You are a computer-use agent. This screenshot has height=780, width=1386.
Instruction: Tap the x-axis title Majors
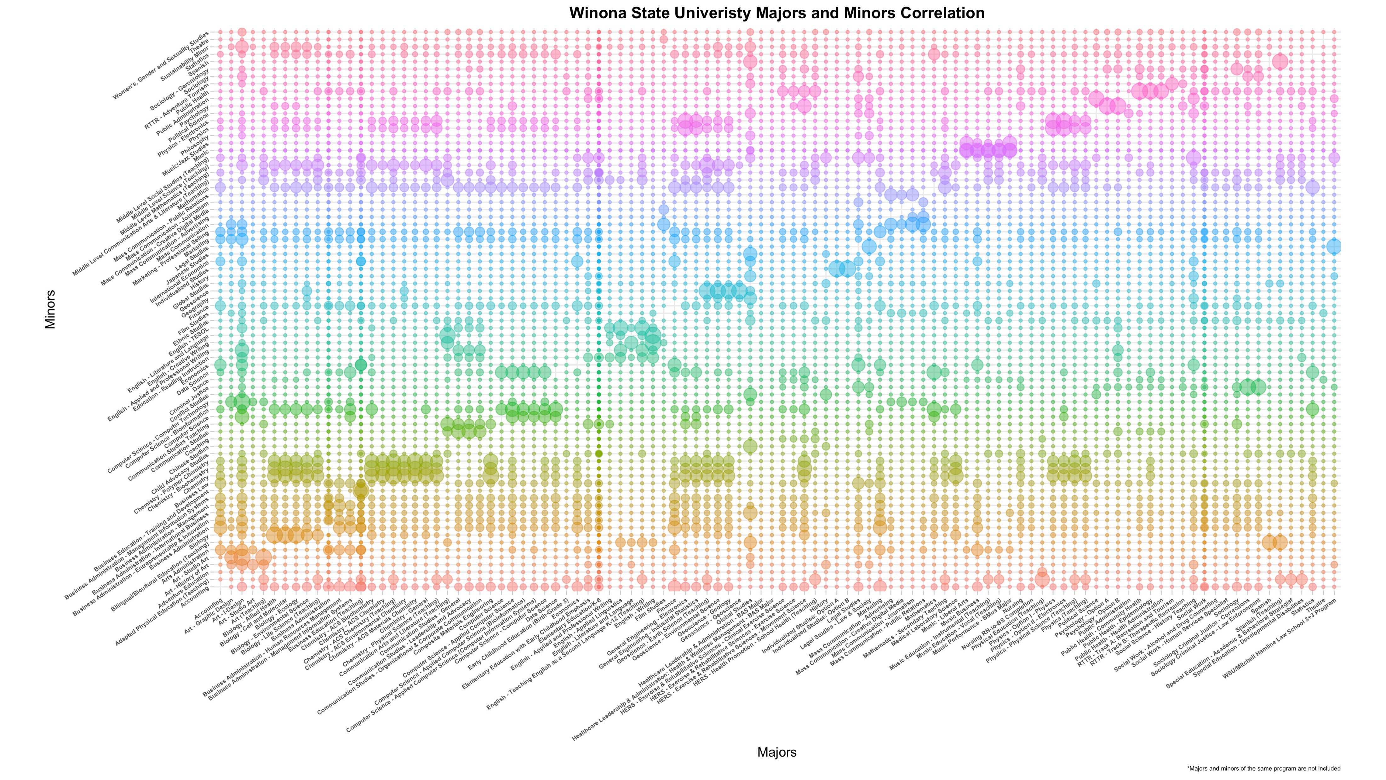(776, 752)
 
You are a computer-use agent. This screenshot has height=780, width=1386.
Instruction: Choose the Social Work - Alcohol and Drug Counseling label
(1168, 639)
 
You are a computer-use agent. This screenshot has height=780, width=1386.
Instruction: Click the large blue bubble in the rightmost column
(1334, 246)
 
